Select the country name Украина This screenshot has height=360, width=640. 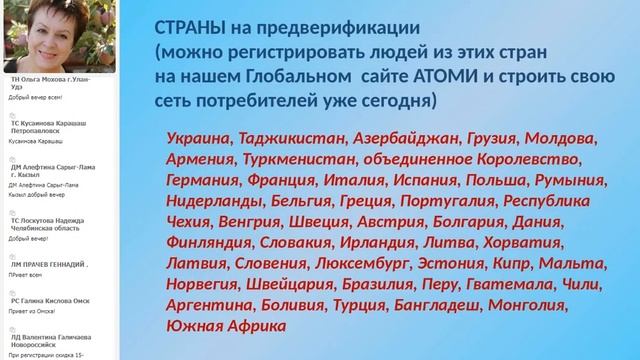coord(198,139)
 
